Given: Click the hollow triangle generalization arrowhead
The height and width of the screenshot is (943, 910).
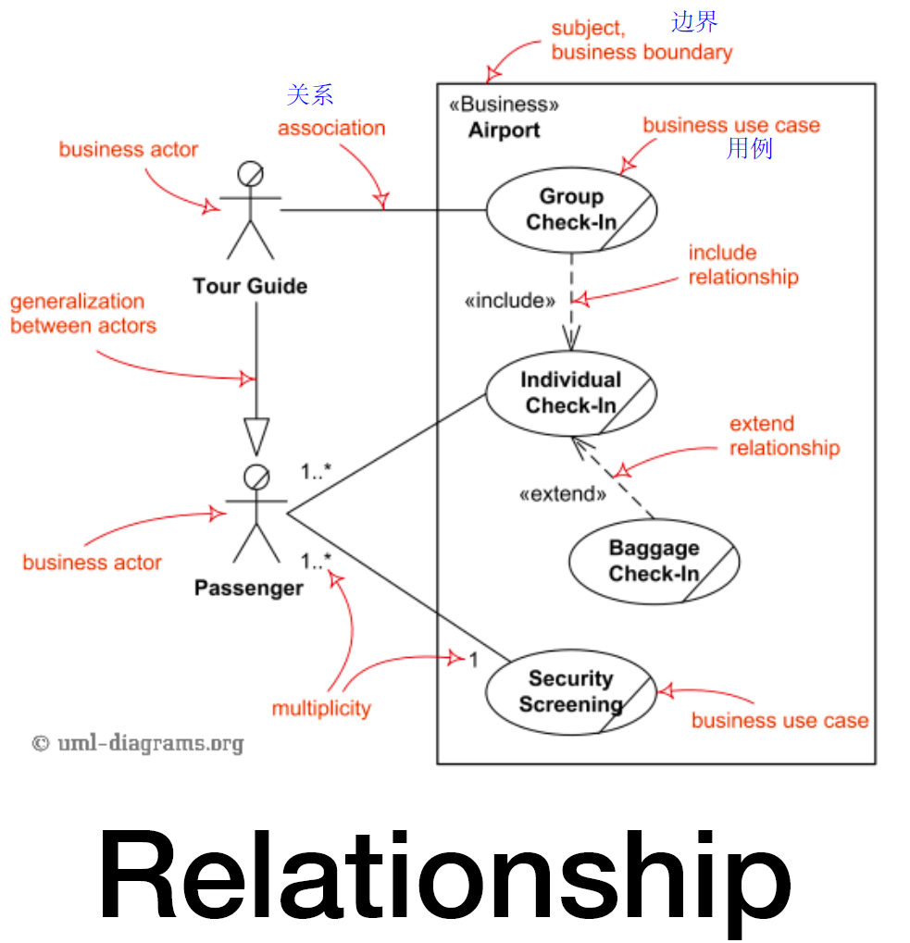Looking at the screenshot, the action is tap(256, 437).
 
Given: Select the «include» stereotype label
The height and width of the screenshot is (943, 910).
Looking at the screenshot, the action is tap(509, 300).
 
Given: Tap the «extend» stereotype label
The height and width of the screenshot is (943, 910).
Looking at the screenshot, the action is tap(563, 494).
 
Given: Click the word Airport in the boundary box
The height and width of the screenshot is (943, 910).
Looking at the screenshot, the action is tap(504, 130).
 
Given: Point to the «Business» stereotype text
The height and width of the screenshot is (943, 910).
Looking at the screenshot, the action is tap(504, 104).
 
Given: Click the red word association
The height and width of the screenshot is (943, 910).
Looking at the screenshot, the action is tap(331, 128).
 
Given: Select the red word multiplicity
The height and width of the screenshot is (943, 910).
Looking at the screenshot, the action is tap(321, 708).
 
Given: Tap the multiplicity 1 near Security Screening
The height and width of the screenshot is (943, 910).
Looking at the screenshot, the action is tap(474, 660).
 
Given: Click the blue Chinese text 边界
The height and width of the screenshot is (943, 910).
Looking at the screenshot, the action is tap(694, 21).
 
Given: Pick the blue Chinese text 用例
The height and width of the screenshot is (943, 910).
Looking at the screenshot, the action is tap(749, 148).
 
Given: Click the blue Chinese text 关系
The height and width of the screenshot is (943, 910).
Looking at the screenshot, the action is tap(310, 95).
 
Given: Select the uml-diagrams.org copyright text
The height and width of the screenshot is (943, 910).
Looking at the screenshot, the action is tap(138, 743).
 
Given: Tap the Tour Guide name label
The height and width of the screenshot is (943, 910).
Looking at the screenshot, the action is tap(250, 286).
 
